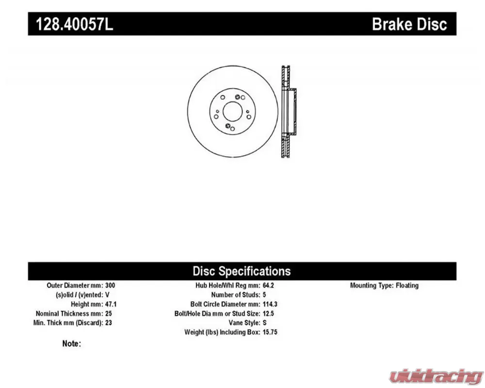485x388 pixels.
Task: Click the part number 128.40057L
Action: [75, 24]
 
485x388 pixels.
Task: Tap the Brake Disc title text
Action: [409, 24]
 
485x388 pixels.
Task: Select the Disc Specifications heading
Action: [242, 271]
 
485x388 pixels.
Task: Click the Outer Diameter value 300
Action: [110, 285]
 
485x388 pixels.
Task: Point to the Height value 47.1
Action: [111, 304]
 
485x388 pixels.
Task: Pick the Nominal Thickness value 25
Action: [108, 313]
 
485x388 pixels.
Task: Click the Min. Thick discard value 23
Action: [108, 323]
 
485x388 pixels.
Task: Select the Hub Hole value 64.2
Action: [268, 285]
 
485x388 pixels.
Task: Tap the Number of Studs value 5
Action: [264, 294]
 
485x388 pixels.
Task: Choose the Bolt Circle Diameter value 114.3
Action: [270, 304]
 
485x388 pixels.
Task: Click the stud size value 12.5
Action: [268, 313]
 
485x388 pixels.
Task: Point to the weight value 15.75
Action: [270, 332]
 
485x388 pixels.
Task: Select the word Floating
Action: [407, 285]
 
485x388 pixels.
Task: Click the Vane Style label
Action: [244, 323]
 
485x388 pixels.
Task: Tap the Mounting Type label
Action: [372, 285]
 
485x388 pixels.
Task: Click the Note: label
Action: [71, 343]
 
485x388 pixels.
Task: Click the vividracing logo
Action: [436, 377]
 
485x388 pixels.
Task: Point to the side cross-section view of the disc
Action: [289, 112]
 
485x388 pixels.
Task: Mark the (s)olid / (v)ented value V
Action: [107, 294]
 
